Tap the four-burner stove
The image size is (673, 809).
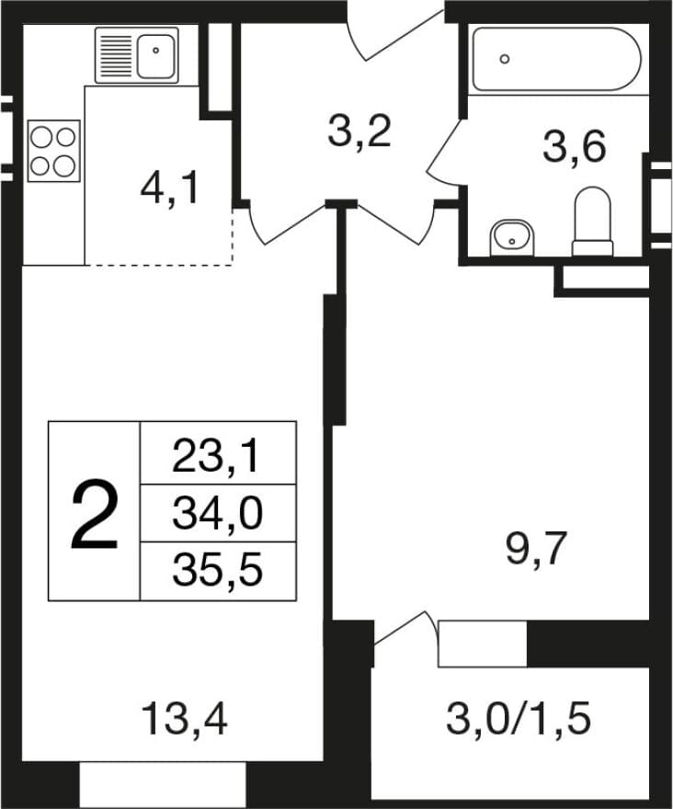pos(53,151)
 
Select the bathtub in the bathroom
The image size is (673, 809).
pos(557,60)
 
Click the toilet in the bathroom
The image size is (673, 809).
pos(592,222)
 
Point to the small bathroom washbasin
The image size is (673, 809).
pos(511,238)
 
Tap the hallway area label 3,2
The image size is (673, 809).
pos(359,131)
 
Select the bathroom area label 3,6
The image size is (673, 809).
pos(574,147)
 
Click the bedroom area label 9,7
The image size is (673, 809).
pos(537,550)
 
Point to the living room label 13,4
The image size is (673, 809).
pos(184,719)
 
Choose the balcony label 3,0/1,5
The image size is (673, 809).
pos(519,719)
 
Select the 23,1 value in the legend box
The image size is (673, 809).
pos(215,457)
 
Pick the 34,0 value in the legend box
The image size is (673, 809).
pos(217,514)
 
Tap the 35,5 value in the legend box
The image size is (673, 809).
pos(217,571)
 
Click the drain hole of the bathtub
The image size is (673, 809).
pos(505,59)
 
